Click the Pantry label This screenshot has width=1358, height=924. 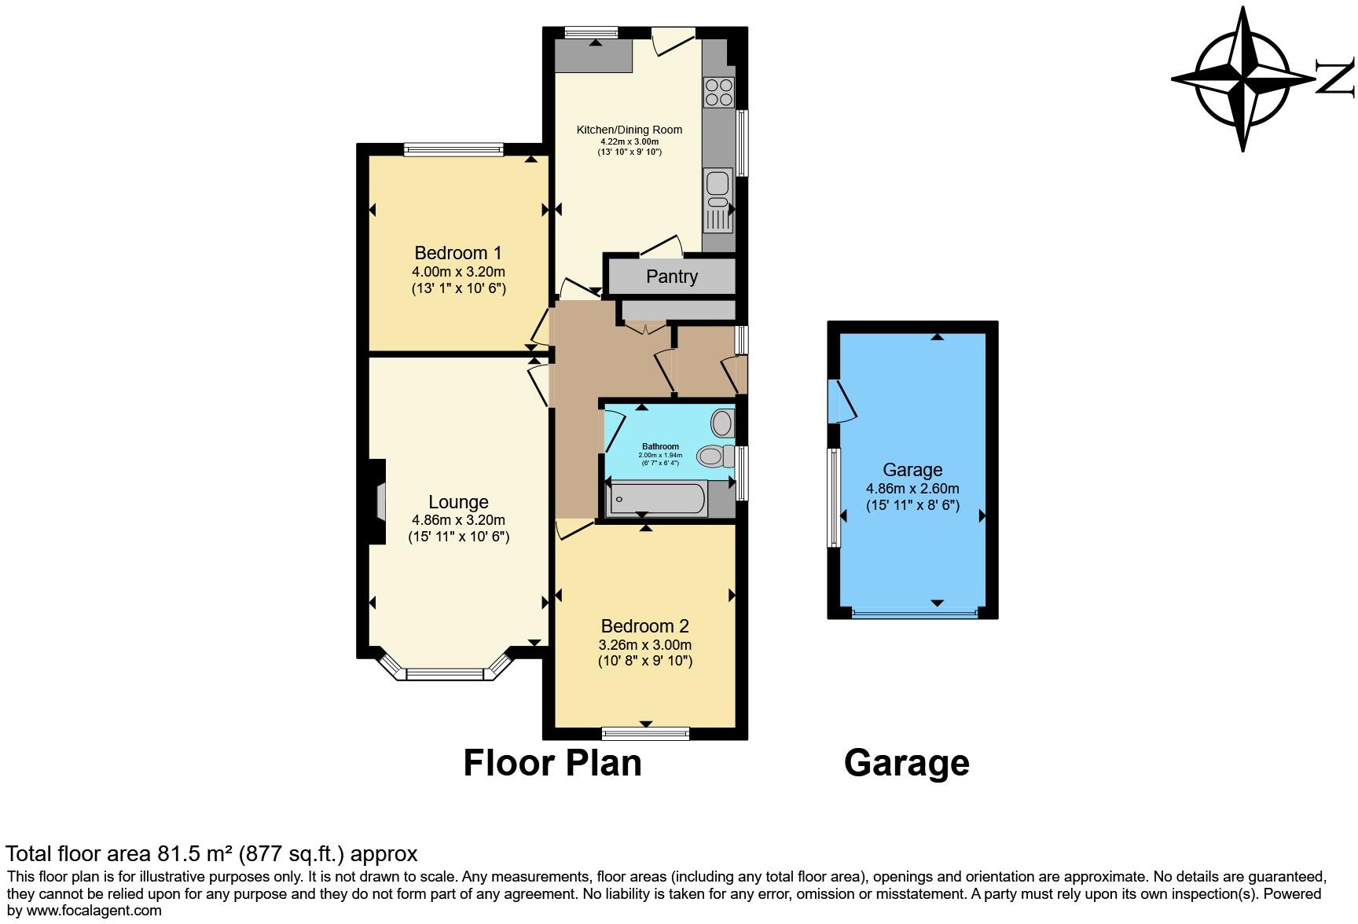point(671,277)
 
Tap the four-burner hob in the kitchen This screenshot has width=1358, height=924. point(718,92)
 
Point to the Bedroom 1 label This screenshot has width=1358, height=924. point(457,253)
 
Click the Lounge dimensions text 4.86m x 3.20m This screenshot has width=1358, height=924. point(458,520)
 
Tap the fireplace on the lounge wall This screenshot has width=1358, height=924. point(379,501)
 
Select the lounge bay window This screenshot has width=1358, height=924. point(445,673)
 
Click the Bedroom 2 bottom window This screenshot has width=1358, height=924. point(645,733)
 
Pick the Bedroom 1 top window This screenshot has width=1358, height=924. point(453,148)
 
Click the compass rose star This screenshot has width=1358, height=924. point(1242,79)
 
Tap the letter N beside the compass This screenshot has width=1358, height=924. point(1335,79)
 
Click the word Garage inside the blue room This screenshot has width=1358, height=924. point(912,470)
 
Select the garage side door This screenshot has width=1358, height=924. point(838,401)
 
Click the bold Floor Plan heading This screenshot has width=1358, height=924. point(552,763)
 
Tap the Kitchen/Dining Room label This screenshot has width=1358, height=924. point(629,130)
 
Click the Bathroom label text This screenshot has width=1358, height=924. point(660,446)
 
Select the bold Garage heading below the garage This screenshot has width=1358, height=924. point(906,763)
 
